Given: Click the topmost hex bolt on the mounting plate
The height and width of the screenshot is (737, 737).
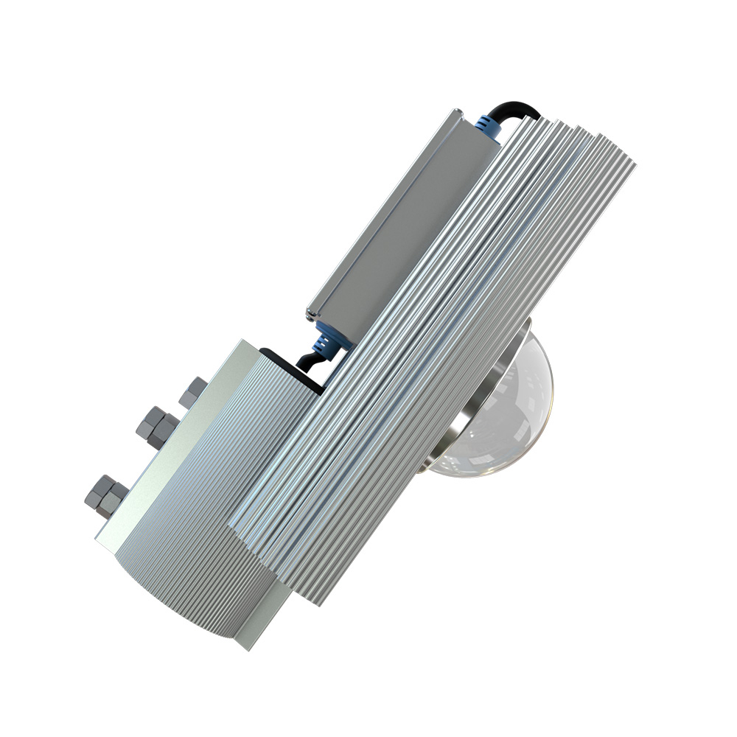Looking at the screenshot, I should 193,390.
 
